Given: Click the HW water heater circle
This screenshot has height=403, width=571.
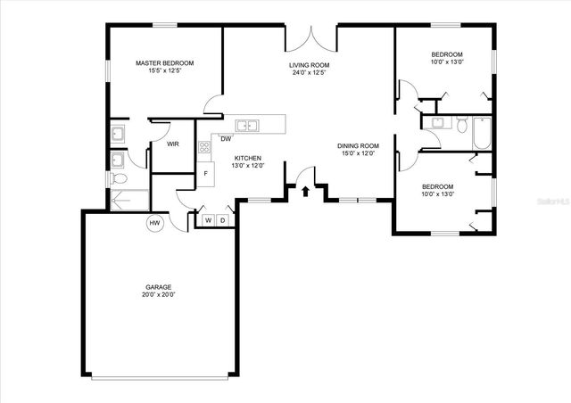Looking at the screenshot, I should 154,222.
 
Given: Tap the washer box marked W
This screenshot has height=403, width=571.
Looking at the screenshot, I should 208,220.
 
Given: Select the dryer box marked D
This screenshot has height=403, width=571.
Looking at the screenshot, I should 222,220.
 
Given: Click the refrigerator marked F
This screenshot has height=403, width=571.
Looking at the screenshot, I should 205,173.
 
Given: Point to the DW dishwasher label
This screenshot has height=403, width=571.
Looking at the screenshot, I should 227,138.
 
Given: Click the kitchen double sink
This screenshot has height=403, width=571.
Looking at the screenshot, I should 247,125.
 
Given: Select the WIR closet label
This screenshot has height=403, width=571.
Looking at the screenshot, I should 173,144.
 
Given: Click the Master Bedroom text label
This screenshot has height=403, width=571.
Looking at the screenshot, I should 164,63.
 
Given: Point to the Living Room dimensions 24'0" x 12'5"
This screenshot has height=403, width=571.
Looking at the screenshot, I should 310,73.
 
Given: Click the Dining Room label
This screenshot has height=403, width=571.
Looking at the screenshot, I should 358,145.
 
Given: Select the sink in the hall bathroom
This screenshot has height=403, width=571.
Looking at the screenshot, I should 437,123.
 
